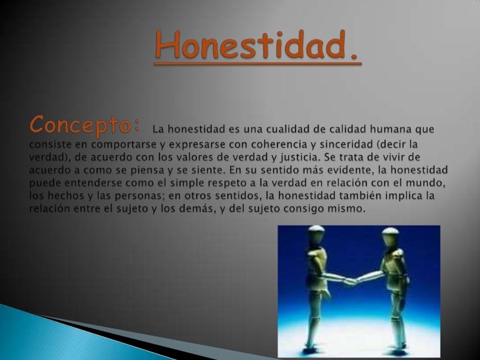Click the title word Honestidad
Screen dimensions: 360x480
258,47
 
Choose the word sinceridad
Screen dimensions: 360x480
351,144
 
